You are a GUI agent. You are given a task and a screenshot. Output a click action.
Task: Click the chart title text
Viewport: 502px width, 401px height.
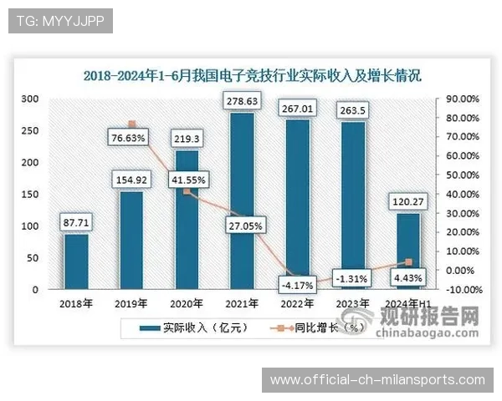(x=252, y=75)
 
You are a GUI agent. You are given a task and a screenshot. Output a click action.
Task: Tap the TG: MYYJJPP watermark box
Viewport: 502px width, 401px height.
(x=59, y=21)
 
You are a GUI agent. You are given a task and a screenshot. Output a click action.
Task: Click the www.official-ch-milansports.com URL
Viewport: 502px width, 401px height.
(x=377, y=380)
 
